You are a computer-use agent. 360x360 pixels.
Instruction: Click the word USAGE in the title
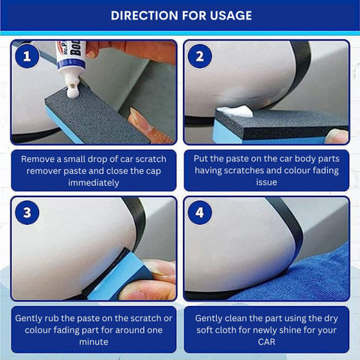pyautogui.click(x=231, y=16)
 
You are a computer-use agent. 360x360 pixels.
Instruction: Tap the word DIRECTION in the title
pyautogui.click(x=145, y=16)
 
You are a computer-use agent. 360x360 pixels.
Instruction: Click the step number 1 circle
pyautogui.click(x=27, y=56)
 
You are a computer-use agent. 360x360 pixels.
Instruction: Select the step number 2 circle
pyautogui.click(x=199, y=56)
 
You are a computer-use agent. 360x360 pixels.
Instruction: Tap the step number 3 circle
pyautogui.click(x=27, y=212)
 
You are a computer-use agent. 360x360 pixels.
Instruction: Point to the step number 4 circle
pyautogui.click(x=199, y=212)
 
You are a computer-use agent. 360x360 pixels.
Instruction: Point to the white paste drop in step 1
pyautogui.click(x=73, y=92)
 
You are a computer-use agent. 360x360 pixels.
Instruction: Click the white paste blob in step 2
pyautogui.click(x=235, y=111)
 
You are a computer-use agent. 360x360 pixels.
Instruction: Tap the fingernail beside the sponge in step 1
pyautogui.click(x=140, y=119)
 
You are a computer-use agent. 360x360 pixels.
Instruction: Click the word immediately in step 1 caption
pyautogui.click(x=94, y=183)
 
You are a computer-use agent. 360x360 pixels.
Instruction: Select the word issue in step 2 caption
pyautogui.click(x=266, y=182)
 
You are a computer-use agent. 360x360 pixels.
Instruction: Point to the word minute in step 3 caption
pyautogui.click(x=94, y=342)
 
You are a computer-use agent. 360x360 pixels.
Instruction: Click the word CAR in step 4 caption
pyautogui.click(x=266, y=342)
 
